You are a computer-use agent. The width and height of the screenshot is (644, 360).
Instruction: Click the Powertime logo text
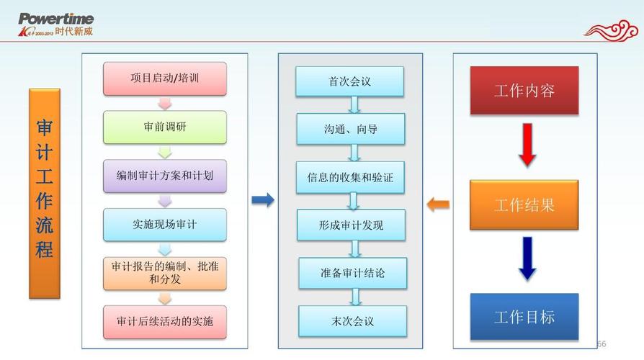pyautogui.click(x=55, y=19)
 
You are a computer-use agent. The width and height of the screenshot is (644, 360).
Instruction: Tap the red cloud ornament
pyautogui.click(x=610, y=29)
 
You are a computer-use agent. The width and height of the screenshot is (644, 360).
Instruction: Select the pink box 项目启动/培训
pyautogui.click(x=164, y=78)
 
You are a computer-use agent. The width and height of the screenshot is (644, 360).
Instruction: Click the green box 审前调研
pyautogui.click(x=164, y=127)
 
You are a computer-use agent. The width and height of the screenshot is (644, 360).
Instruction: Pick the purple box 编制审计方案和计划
pyautogui.click(x=164, y=175)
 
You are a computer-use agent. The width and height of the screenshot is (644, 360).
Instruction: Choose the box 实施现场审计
pyautogui.click(x=164, y=224)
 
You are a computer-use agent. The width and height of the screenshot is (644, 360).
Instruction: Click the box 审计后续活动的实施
pyautogui.click(x=164, y=321)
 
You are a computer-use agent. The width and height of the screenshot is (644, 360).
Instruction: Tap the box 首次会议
pyautogui.click(x=350, y=81)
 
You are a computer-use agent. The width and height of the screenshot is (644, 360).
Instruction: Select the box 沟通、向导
pyautogui.click(x=351, y=130)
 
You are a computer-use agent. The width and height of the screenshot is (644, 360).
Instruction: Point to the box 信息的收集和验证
pyautogui.click(x=351, y=177)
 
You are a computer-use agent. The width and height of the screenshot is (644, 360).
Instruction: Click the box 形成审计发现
pyautogui.click(x=352, y=225)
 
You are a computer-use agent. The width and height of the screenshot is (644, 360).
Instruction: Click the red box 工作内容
pyautogui.click(x=524, y=91)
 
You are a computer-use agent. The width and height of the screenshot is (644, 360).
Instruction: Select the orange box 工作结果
pyautogui.click(x=524, y=204)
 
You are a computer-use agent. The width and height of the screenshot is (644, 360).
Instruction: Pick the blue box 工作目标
pyautogui.click(x=524, y=316)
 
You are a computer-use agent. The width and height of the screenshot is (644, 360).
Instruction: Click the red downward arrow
pyautogui.click(x=527, y=144)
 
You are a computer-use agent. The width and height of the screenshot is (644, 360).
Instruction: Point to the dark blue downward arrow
pyautogui.click(x=527, y=258)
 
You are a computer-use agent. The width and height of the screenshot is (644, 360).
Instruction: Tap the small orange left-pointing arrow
pyautogui.click(x=438, y=204)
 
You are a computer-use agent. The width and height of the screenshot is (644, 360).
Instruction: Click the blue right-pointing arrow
pyautogui.click(x=263, y=200)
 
